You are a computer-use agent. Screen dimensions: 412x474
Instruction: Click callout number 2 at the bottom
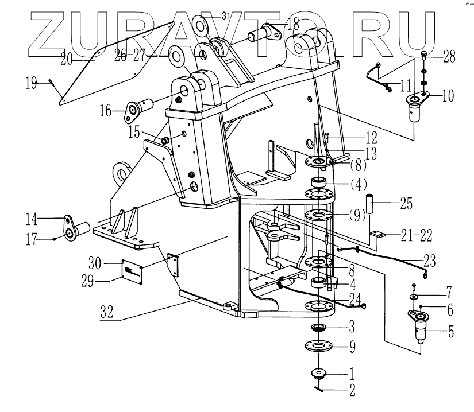point(351,391)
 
